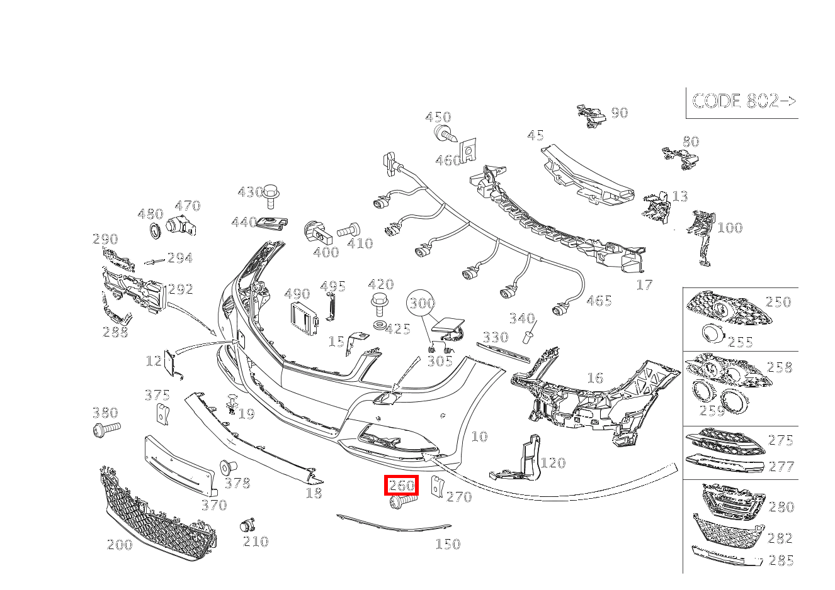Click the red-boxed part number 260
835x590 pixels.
point(402,485)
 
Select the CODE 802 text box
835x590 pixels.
point(743,101)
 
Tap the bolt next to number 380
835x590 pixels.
point(105,430)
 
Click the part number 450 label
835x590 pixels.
point(438,117)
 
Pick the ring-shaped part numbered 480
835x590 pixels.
point(154,231)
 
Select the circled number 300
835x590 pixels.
point(421,304)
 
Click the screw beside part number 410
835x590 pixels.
point(348,230)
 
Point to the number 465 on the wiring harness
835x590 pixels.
point(598,301)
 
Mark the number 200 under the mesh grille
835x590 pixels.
point(120,544)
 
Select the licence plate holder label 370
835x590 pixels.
point(213,504)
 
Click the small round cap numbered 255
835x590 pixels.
point(712,333)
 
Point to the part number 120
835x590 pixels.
point(553,463)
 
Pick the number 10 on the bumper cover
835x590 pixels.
point(479,436)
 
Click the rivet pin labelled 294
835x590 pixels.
point(154,261)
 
